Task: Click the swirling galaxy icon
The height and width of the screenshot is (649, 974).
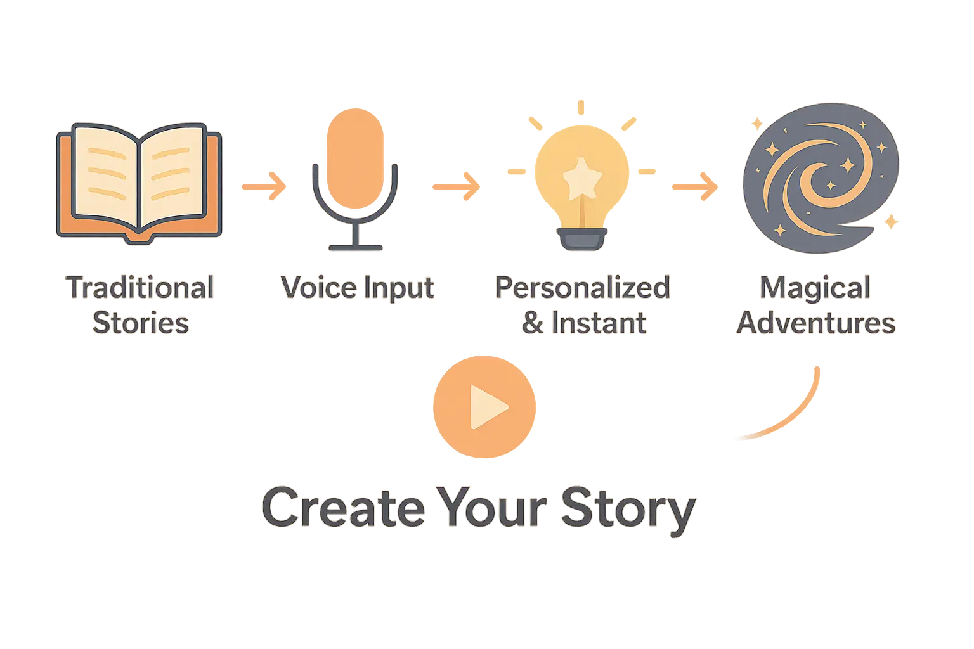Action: coord(819,179)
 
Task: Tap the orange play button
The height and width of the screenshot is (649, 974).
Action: coord(483,407)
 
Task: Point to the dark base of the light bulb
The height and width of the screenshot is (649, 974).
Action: coord(581,240)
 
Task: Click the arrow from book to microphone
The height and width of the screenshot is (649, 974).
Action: coord(265,187)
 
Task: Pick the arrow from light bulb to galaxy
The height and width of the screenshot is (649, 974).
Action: coord(696,187)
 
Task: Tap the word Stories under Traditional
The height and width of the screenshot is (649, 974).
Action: coord(141,323)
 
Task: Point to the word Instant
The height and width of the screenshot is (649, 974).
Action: coord(599,323)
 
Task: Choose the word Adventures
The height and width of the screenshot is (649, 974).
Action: coord(816,323)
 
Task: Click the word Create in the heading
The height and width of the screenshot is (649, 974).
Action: coord(342,508)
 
